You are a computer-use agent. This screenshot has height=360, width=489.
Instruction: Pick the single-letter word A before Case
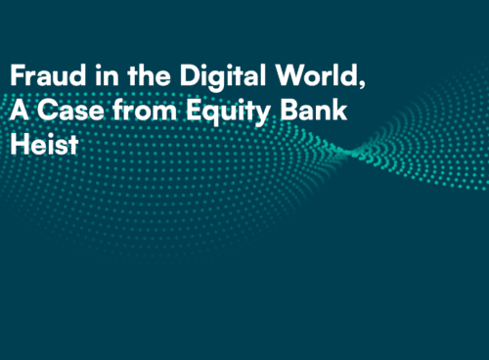point(18,111)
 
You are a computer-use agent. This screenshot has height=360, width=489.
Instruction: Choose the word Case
point(63,111)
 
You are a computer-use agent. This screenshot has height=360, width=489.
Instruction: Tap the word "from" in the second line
point(129,111)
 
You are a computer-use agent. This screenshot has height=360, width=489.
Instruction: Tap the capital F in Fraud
point(17,76)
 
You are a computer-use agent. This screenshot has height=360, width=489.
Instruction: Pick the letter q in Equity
point(192,114)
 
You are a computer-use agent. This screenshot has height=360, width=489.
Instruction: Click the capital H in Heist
point(18,145)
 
